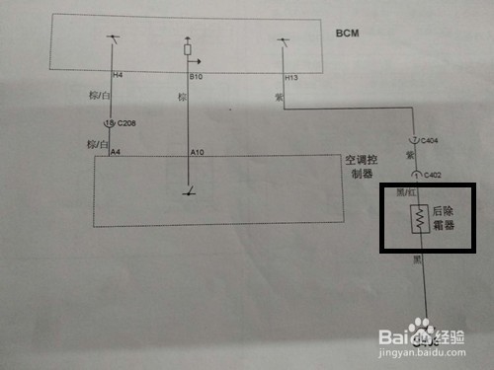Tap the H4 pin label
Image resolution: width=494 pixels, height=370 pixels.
117,75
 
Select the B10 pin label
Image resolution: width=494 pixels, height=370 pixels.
195,75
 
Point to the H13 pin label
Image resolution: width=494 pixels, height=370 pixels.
290,75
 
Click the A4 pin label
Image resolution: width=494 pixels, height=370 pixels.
116,153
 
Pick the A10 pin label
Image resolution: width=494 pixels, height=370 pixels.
196,153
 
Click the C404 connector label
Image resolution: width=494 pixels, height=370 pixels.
430,141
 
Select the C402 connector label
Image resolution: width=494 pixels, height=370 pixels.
430,175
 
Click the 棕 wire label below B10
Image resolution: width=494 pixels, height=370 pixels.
182,97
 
